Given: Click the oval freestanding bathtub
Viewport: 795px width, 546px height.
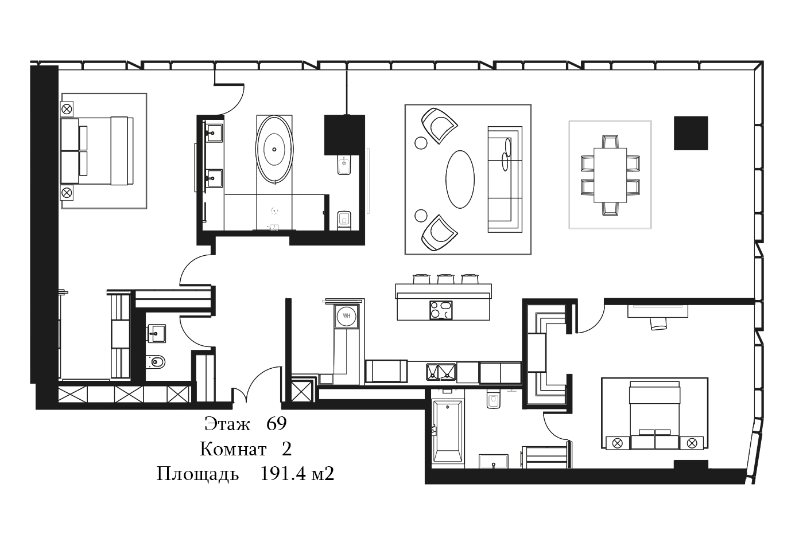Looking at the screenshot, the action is (x=274, y=150).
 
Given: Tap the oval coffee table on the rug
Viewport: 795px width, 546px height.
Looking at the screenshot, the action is (x=460, y=179).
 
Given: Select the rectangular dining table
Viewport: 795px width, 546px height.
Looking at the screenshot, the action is (x=610, y=175).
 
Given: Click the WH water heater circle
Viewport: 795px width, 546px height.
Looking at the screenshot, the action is (x=347, y=315).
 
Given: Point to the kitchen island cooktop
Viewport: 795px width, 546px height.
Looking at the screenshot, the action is (x=441, y=310).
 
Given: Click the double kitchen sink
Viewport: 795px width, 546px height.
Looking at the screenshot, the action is (x=441, y=372).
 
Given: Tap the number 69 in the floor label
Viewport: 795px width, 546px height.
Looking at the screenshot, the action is (x=277, y=423).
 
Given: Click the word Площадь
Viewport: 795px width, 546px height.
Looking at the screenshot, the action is (x=197, y=474).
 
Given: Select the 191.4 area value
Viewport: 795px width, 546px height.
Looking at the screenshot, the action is (x=283, y=474).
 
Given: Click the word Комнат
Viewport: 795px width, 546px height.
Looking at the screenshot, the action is (x=233, y=449).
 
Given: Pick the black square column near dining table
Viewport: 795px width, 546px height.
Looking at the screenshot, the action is (x=691, y=133).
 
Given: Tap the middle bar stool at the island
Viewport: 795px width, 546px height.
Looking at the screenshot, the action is (x=445, y=279).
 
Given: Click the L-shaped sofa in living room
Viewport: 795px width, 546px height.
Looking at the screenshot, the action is (x=505, y=180).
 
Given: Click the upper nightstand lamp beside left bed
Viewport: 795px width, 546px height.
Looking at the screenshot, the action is (x=67, y=109).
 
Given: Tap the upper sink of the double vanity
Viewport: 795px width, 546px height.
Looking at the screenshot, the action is (x=214, y=131).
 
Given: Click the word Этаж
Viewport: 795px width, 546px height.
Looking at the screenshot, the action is (x=227, y=424).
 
